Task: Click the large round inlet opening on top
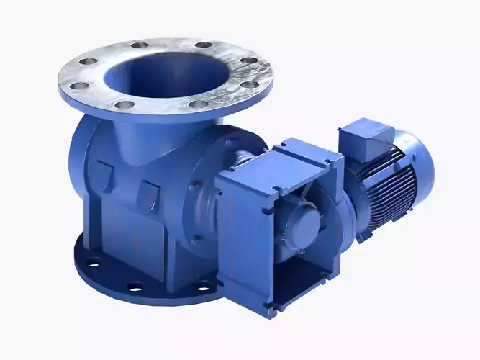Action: click(x=164, y=72)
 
